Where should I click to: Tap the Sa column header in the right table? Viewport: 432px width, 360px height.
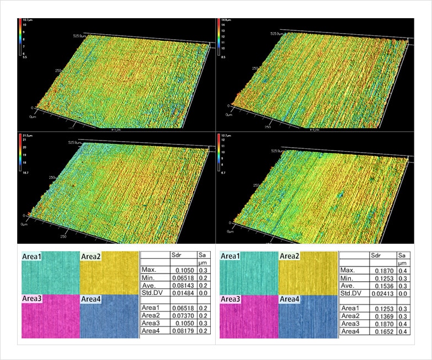402,255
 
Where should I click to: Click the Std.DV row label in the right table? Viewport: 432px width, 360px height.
351,295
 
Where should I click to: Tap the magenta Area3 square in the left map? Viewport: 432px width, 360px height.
50,316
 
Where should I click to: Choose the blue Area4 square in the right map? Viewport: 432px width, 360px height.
307,316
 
